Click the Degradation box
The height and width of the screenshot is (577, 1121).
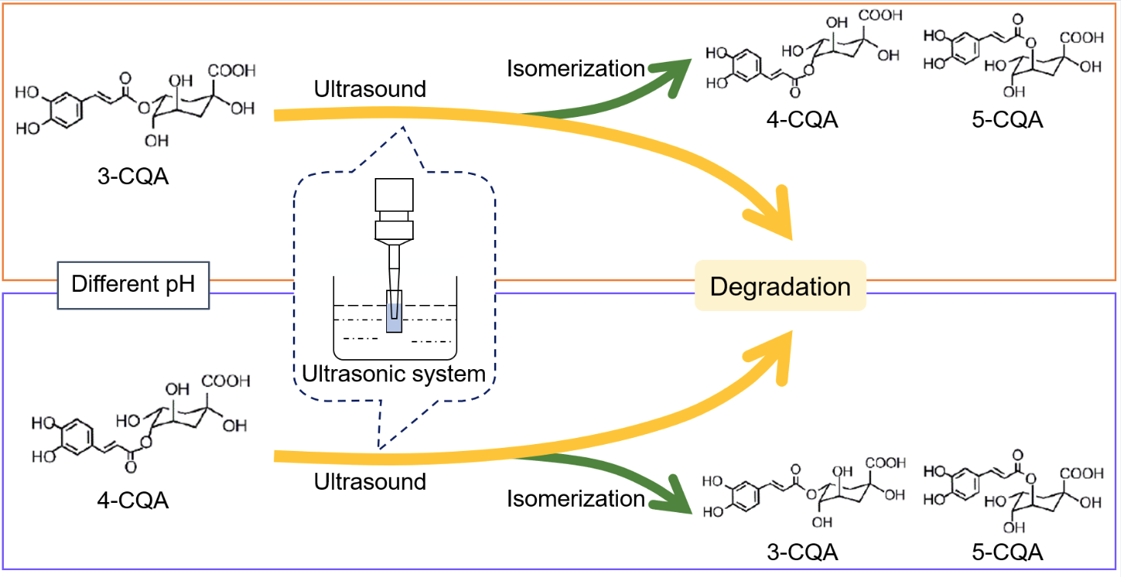coord(780,287)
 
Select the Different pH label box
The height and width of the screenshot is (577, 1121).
coord(134,285)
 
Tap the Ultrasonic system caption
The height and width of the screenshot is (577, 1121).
coord(394,374)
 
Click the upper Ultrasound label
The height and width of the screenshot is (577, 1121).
coord(370,89)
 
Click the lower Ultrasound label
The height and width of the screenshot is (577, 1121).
coord(370,482)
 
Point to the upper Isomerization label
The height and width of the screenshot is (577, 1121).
coord(576,68)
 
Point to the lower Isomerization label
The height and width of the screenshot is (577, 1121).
coord(576,499)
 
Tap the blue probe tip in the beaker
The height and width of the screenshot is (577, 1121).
coord(393,317)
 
